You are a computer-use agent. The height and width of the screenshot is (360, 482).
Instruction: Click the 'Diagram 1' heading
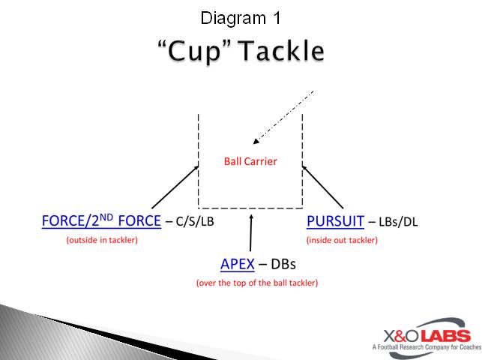[x=241, y=17]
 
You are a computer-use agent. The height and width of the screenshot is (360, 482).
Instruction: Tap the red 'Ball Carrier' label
[x=250, y=160]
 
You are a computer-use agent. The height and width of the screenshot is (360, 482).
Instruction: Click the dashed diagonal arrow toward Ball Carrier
[x=283, y=116]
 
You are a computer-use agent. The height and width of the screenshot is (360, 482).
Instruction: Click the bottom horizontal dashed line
[x=250, y=207]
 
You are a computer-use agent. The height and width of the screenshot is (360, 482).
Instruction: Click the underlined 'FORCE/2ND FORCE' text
[x=101, y=221]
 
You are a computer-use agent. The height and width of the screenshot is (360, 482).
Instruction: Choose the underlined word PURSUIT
[x=335, y=221]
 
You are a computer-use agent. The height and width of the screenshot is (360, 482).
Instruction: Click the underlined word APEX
[x=238, y=264]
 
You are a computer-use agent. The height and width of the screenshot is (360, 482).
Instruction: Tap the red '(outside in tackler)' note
[x=102, y=240]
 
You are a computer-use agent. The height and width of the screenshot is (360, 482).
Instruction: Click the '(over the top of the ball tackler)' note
[x=257, y=283]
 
